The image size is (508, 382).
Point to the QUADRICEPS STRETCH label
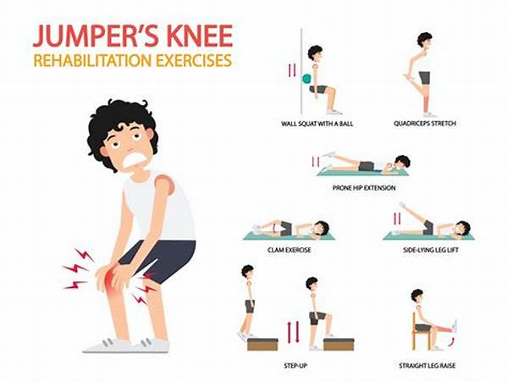[426, 124]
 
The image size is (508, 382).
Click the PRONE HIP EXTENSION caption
[364, 186]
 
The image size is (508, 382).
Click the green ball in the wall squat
[306, 79]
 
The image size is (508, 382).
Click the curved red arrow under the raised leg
[450, 340]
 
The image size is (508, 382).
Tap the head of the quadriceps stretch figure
[424, 41]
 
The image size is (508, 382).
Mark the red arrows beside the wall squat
[292, 69]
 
